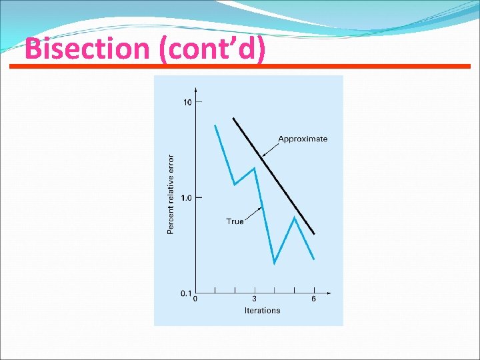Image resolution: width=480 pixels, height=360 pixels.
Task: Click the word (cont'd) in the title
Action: coord(212,49)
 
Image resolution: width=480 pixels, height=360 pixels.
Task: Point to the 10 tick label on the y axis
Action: coord(187,102)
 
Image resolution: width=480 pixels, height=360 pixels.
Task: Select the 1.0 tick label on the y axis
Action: coord(186,198)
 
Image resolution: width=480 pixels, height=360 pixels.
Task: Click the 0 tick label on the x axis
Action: coord(195,299)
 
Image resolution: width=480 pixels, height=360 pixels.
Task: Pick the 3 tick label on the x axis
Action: coord(255,299)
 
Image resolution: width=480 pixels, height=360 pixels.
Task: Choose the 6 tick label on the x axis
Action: coord(313,299)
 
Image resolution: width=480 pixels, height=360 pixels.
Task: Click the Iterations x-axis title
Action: coord(262,311)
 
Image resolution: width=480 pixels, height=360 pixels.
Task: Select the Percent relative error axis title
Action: coord(170,194)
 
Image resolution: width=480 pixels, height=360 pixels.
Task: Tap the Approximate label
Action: coord(303,139)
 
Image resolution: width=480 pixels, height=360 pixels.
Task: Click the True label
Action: coord(235,221)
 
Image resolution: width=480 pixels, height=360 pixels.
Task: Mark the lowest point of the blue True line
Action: coord(274,263)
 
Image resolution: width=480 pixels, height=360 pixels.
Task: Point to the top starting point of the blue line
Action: coord(215,125)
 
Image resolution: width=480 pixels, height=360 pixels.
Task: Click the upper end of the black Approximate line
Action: coord(233,119)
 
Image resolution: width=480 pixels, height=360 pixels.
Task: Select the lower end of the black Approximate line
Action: coord(314,234)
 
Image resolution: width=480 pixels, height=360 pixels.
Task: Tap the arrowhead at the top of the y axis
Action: coord(195,89)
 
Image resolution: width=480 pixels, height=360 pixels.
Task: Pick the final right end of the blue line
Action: coord(313,259)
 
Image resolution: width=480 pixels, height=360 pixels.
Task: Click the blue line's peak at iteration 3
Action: coord(254,168)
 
